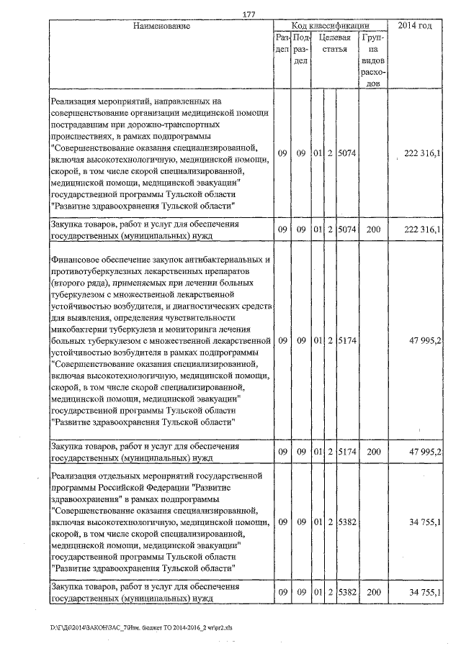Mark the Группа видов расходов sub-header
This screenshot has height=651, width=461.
tap(373, 61)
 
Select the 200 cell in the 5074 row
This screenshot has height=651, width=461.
tap(373, 229)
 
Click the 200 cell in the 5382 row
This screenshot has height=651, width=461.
tap(373, 591)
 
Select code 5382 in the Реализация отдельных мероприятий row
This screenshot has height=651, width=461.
tap(347, 522)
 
